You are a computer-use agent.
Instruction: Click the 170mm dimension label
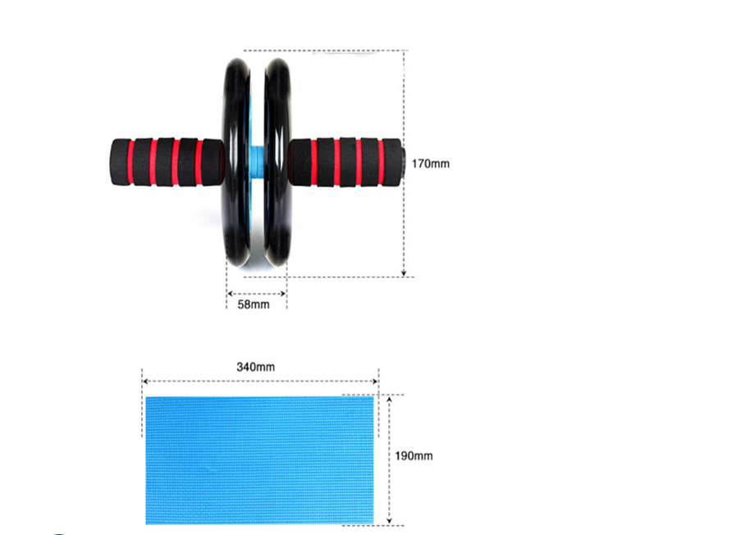431,164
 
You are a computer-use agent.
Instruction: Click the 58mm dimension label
254,304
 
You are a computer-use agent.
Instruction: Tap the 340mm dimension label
256,367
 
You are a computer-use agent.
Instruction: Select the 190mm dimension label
414,455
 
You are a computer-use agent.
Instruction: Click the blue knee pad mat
259,460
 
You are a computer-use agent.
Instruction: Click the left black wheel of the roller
236,162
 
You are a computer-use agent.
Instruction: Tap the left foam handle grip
167,162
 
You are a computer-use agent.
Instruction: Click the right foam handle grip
345,162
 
